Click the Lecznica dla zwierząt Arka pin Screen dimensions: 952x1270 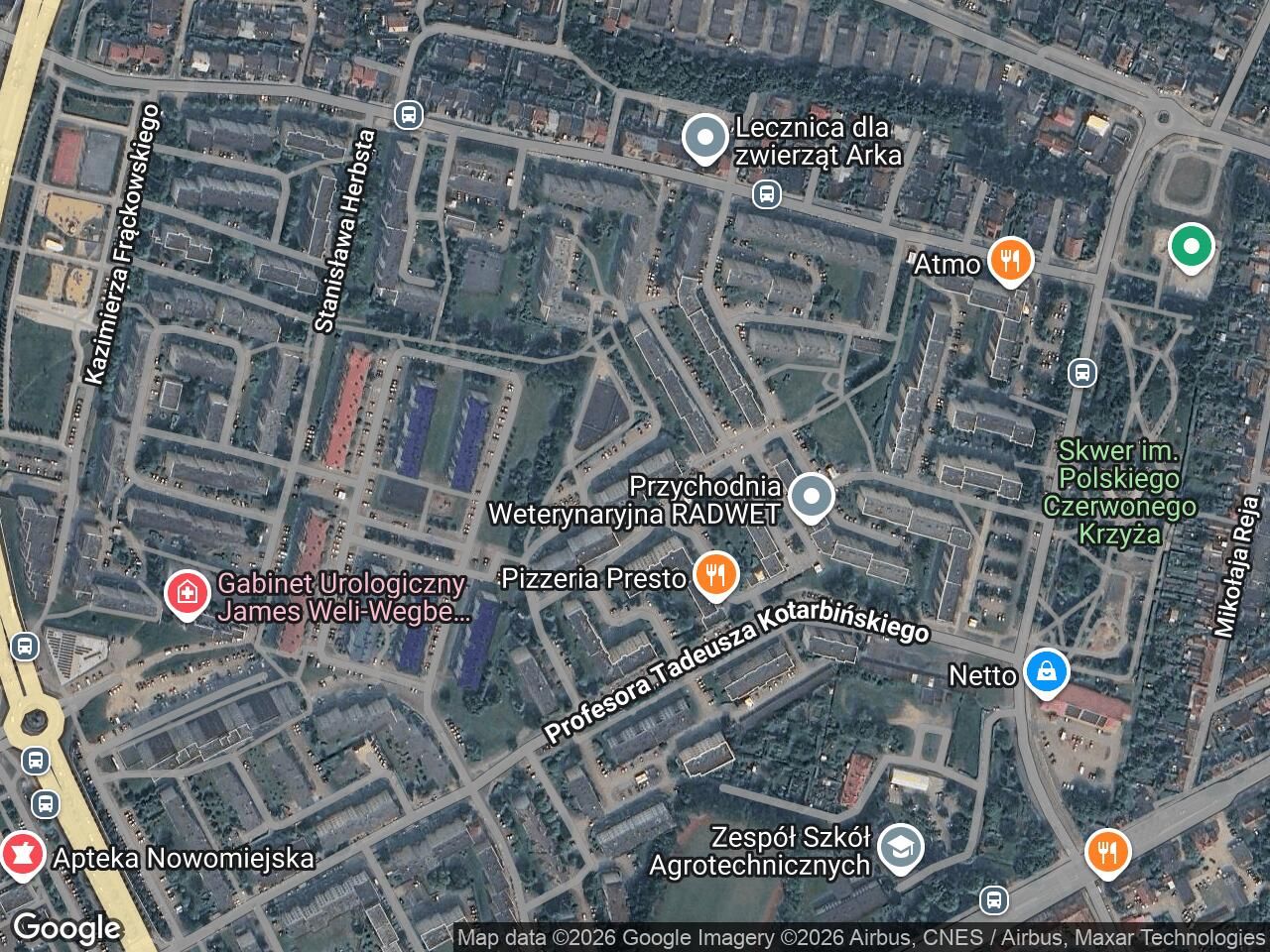(x=705, y=140)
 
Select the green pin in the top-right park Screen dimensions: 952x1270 (x=1191, y=247)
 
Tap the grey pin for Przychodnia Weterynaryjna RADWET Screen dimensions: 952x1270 (x=812, y=498)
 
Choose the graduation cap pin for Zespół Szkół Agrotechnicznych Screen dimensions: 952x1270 (x=902, y=848)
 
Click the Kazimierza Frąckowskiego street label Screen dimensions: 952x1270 (x=122, y=243)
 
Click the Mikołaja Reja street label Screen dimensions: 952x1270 (x=1228, y=566)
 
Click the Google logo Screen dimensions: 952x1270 (x=66, y=928)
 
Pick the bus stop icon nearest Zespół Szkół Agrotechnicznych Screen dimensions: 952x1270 (x=993, y=900)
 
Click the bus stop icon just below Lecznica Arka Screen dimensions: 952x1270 (x=765, y=193)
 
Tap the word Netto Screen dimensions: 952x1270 (x=983, y=675)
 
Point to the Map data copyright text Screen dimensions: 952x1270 (x=860, y=937)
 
